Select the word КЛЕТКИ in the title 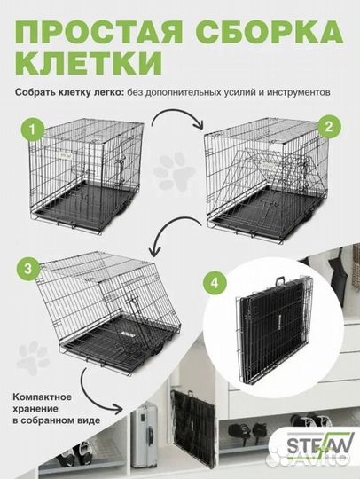pos(90,65)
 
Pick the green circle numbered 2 pos(327,127)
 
